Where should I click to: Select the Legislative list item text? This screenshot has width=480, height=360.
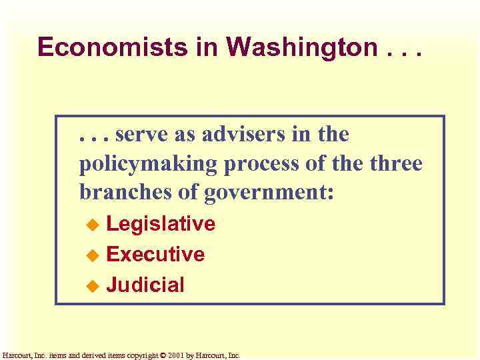click(x=161, y=224)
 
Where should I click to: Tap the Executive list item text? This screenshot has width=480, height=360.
click(x=155, y=254)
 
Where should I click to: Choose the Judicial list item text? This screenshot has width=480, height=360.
click(x=145, y=285)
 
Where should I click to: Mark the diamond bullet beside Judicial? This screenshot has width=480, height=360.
click(x=93, y=286)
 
